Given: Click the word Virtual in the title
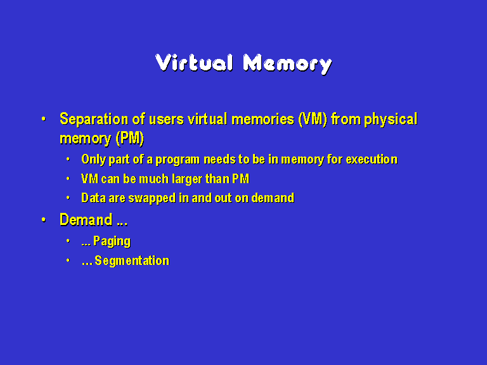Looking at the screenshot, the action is pos(194,63).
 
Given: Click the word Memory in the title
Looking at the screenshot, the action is pos(288,64).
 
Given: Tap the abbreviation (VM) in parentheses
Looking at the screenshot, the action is pos(313,119).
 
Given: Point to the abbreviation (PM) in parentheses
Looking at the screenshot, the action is pos(130,138).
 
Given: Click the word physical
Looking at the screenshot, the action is pos(391,120).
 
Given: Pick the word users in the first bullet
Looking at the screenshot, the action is pos(166,120).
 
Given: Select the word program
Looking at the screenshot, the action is pos(178,160).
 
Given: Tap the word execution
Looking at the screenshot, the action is pos(372,160).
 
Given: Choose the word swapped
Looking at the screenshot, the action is pos(152,198).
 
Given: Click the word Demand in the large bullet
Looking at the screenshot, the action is pos(86,220).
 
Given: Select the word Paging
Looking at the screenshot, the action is pos(112,241).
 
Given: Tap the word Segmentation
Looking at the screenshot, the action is pos(132,260).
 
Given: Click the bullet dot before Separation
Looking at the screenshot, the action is pos(44,119).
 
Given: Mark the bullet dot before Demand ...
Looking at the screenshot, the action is pos(44,219).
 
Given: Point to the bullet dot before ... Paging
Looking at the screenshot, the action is pos(68,241).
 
